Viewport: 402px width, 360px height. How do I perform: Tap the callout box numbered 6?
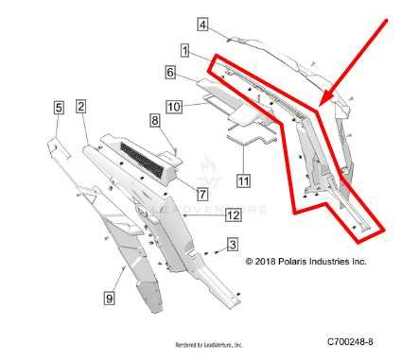[x=170, y=72]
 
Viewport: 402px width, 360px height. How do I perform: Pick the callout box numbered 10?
[x=174, y=108]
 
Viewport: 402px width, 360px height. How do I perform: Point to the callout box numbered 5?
[x=59, y=109]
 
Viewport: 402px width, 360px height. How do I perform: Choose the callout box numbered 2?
[x=81, y=107]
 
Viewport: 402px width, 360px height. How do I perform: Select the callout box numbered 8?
[x=153, y=120]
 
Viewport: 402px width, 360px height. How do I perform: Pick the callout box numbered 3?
[x=232, y=246]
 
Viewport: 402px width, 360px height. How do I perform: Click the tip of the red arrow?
[x=321, y=103]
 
